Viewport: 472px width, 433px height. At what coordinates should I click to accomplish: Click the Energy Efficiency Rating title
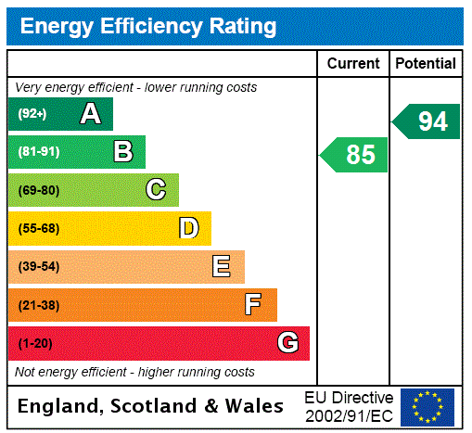(x=148, y=26)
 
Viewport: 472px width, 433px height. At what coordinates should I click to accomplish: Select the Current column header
(x=353, y=64)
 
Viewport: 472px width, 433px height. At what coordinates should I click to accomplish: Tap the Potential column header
(x=426, y=64)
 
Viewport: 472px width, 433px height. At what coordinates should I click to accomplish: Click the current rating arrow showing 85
(x=355, y=155)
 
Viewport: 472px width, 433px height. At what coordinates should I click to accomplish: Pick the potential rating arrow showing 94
(x=427, y=121)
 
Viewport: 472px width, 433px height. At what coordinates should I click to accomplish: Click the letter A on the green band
(x=90, y=114)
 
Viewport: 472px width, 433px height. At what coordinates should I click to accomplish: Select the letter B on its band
(x=122, y=152)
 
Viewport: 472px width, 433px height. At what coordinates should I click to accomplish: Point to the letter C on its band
(x=156, y=190)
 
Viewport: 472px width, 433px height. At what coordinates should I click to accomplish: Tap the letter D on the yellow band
(x=188, y=228)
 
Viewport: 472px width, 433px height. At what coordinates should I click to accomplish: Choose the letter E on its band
(x=222, y=267)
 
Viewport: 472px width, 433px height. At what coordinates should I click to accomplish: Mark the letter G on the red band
(x=287, y=343)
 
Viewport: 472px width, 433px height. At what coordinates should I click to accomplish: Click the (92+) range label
(x=32, y=114)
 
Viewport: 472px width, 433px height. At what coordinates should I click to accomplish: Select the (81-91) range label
(x=38, y=152)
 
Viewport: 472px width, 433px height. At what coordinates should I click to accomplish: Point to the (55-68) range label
(x=38, y=228)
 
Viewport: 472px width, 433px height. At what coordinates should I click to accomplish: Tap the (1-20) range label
(x=35, y=343)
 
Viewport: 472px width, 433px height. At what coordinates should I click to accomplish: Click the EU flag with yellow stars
(x=427, y=406)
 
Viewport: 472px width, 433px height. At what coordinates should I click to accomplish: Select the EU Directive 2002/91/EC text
(x=349, y=406)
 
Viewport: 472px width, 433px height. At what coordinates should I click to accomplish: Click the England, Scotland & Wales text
(x=151, y=406)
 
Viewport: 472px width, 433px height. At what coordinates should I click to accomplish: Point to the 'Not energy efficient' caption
(x=134, y=372)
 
